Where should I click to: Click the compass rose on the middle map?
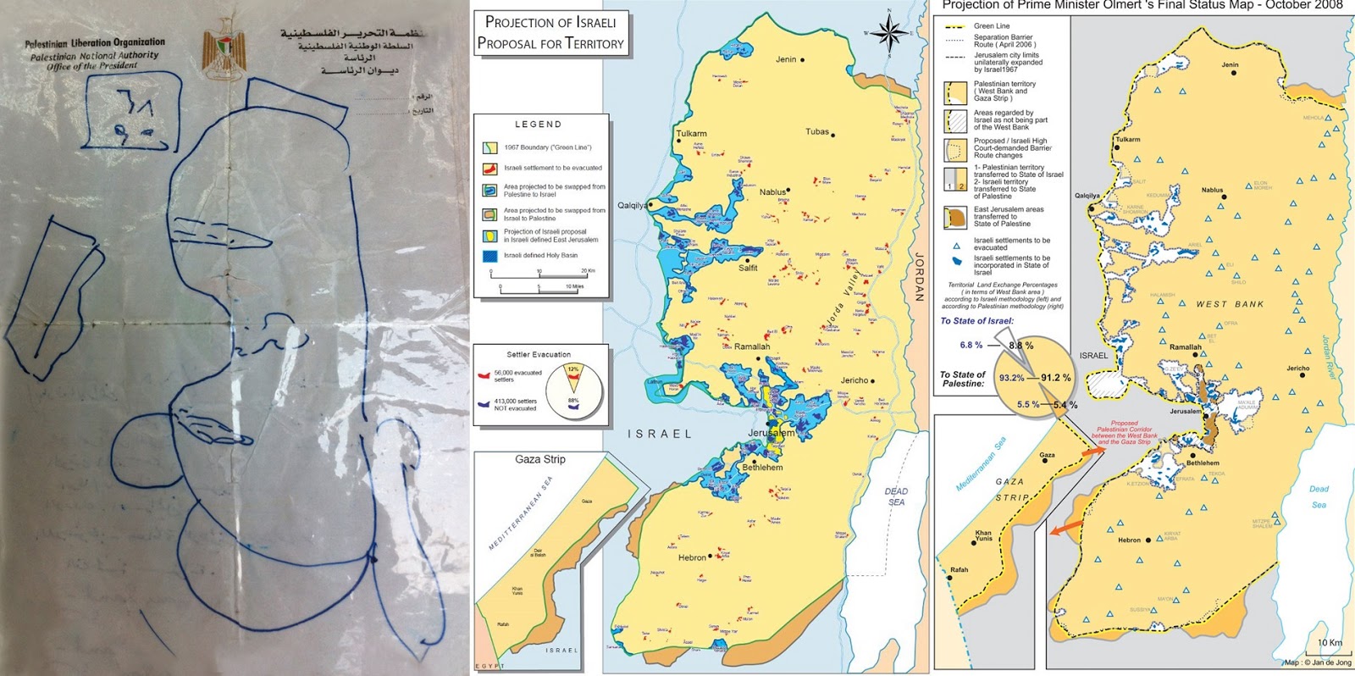[x=888, y=34]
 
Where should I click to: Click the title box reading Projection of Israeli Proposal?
[x=550, y=33]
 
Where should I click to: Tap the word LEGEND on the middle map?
[x=538, y=124]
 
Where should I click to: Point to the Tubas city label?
[x=817, y=132]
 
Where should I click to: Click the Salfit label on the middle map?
[x=748, y=268]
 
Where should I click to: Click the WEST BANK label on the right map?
[x=1230, y=304]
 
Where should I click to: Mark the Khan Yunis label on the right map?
[x=983, y=535]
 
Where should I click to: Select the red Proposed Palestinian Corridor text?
[x=1124, y=432]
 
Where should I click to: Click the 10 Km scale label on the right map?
[x=1330, y=643]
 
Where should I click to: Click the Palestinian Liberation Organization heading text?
[x=95, y=42]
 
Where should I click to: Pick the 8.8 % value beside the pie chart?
[x=1020, y=346]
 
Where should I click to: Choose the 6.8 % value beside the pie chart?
[x=971, y=345]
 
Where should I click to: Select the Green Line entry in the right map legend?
[x=992, y=26]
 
